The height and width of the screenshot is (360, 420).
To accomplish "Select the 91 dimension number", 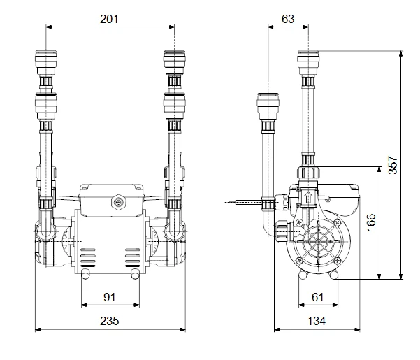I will coord(110,297).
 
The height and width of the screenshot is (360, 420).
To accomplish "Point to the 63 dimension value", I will coord(288,19).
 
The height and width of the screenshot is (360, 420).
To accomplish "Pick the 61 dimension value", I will coord(318,297).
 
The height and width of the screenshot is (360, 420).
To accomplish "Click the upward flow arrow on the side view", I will coord(306,197).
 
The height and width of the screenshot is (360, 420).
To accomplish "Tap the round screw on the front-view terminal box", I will coord(117,203).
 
